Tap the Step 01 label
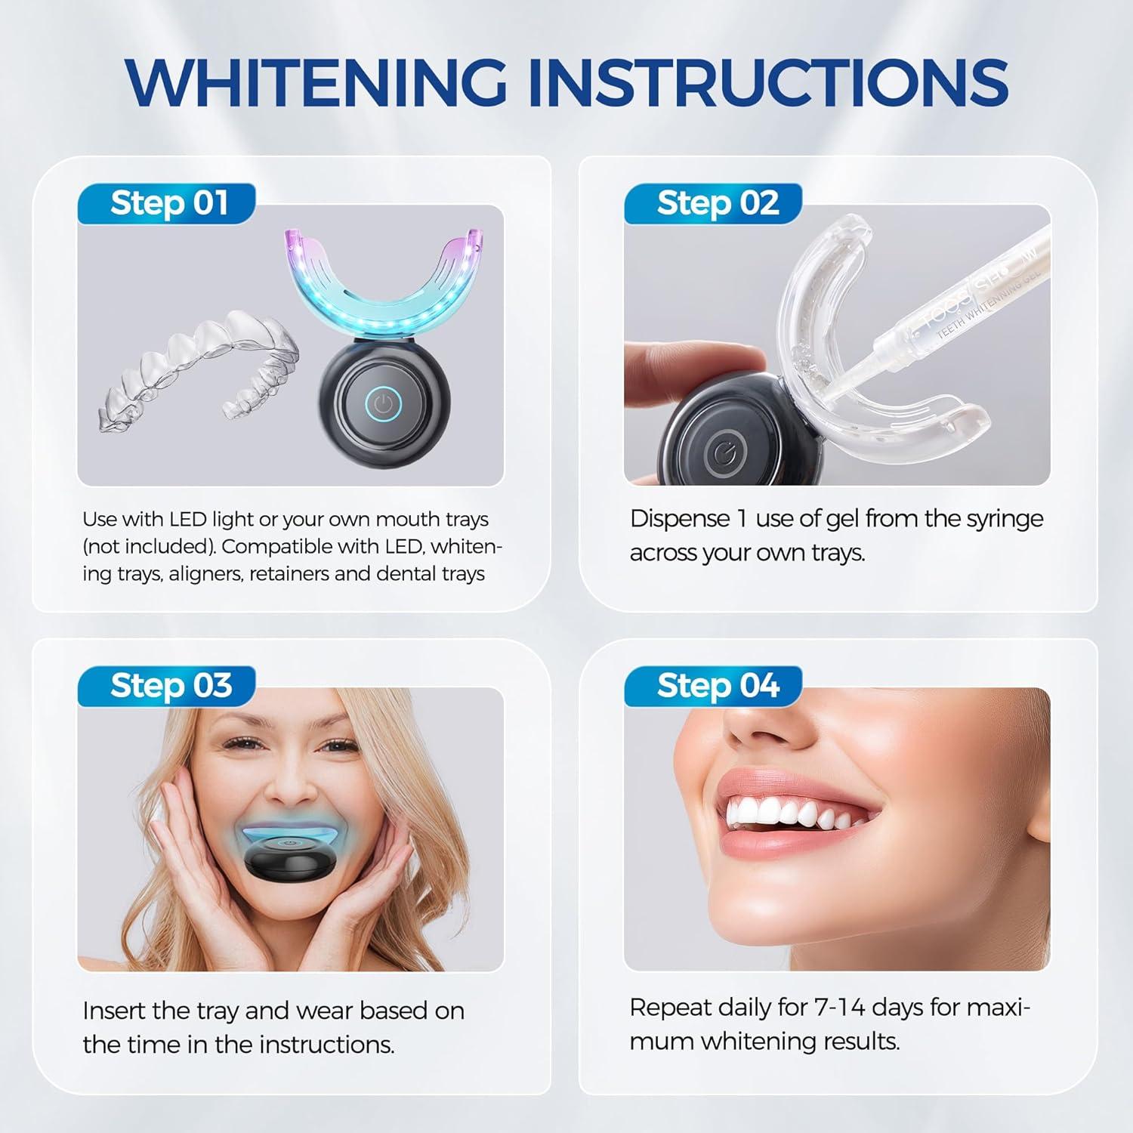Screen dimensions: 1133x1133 [168, 203]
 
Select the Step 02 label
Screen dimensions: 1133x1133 [716, 203]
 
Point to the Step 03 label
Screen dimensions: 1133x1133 [170, 686]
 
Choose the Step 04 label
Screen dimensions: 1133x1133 [717, 686]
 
